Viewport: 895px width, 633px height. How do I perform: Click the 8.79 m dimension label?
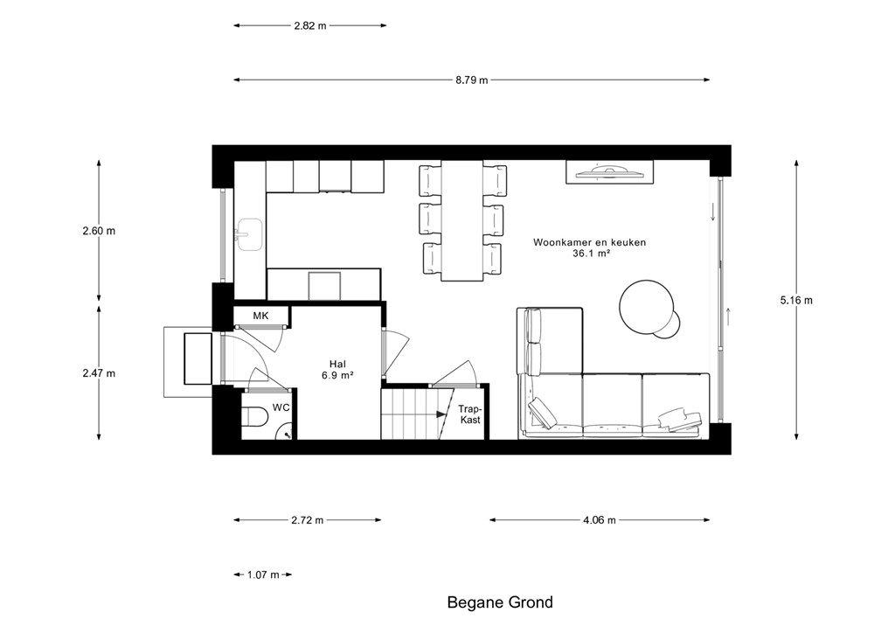[x=471, y=80]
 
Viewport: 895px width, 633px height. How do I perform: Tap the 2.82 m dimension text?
[x=310, y=25]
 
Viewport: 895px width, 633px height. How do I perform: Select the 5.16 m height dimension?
[x=796, y=300]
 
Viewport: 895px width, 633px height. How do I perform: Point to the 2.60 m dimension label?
[x=99, y=231]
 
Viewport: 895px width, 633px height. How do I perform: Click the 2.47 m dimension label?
[x=99, y=373]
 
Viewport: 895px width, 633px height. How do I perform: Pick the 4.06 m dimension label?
[x=600, y=520]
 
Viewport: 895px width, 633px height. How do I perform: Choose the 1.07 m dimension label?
[x=263, y=574]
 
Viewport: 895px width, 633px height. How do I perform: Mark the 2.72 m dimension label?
[x=307, y=520]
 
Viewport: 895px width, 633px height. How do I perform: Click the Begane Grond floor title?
[x=500, y=602]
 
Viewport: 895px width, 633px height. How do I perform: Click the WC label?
[x=281, y=407]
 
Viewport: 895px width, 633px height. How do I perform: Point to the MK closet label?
[x=260, y=316]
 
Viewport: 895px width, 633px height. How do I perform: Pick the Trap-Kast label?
[x=471, y=414]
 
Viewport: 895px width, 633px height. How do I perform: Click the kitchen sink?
[x=249, y=234]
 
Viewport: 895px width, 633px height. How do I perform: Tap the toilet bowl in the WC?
[x=255, y=416]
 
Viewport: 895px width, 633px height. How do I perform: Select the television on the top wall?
[x=609, y=172]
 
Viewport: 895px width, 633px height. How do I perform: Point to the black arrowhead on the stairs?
[x=441, y=414]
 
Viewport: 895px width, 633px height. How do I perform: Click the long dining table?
[x=462, y=220]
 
